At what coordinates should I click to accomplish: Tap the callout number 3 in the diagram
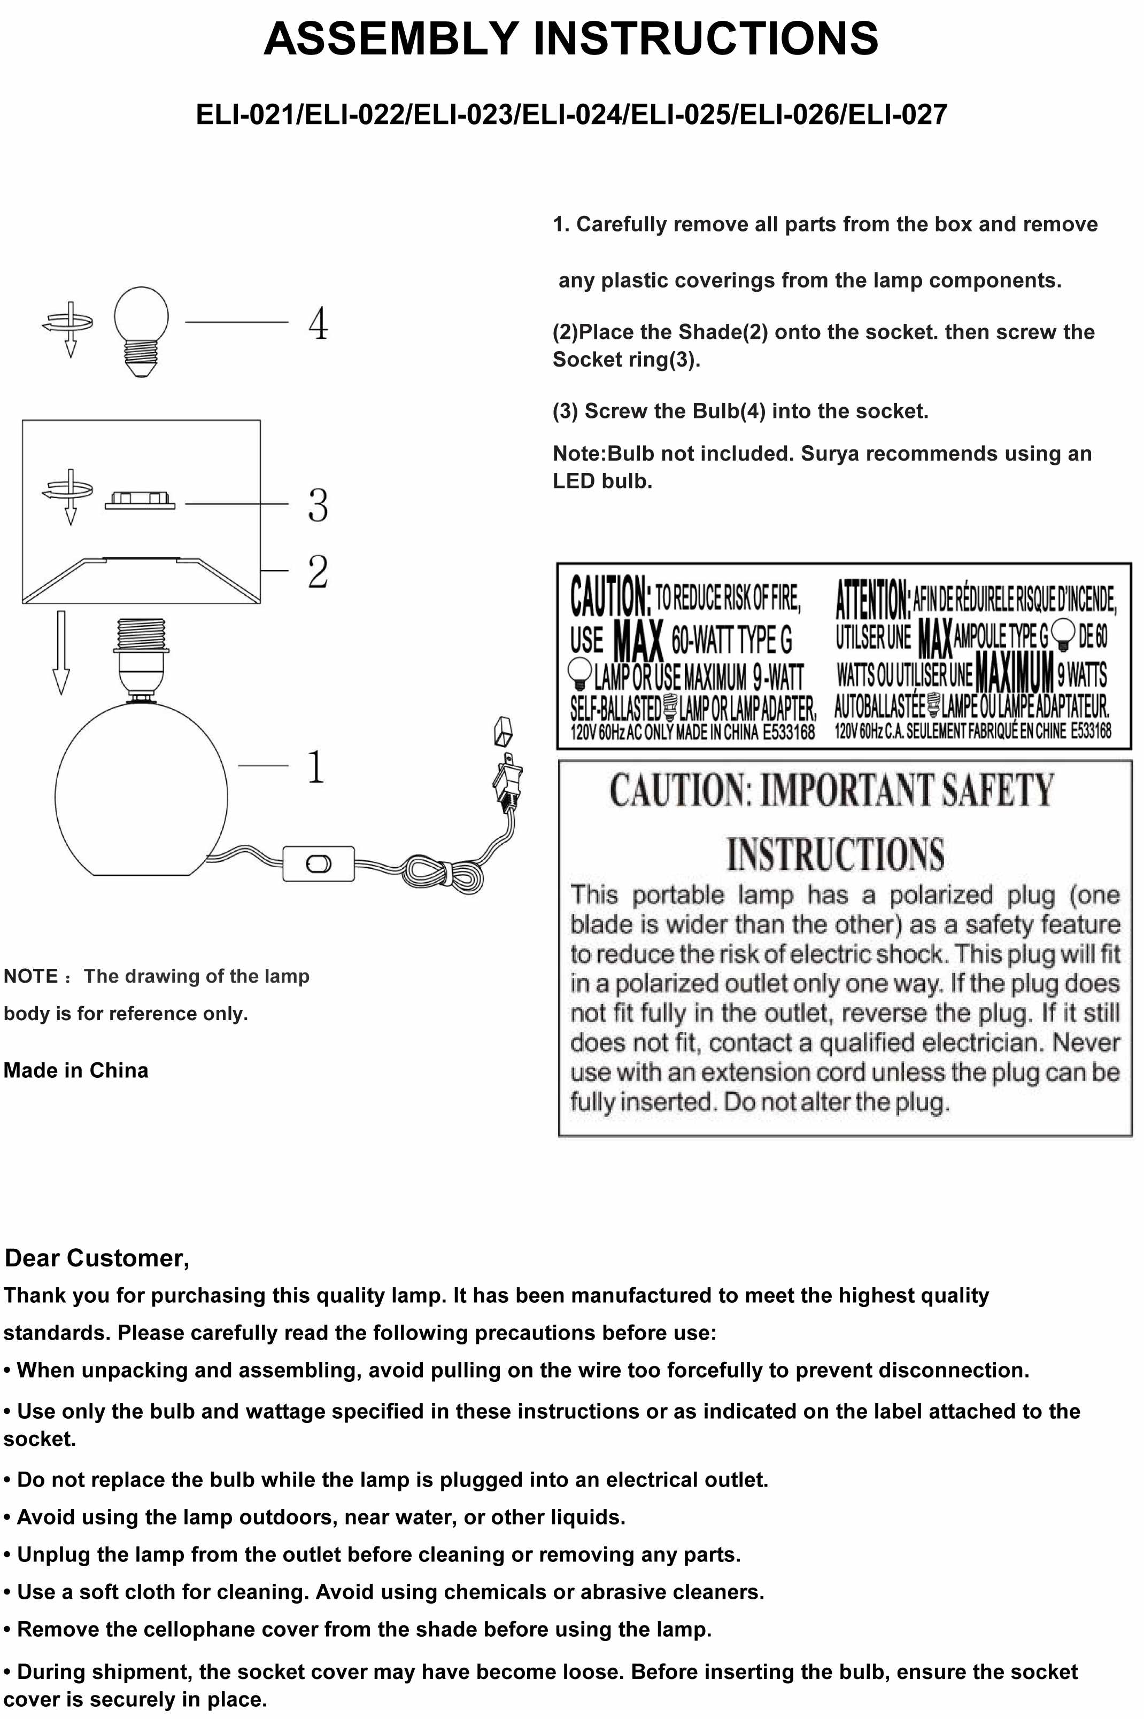point(318,504)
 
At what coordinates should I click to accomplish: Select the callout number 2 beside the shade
point(318,571)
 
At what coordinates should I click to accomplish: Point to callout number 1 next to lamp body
point(316,766)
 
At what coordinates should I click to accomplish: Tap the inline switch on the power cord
point(318,864)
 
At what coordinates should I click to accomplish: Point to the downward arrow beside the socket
point(61,652)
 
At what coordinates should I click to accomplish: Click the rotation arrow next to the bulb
point(68,326)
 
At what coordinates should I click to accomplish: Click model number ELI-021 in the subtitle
point(245,114)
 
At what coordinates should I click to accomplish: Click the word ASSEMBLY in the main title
point(390,38)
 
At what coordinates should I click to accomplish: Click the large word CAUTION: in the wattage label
point(609,596)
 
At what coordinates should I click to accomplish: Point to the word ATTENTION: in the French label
point(872,599)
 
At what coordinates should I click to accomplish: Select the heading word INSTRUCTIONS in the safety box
point(836,854)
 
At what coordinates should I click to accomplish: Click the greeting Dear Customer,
point(97,1257)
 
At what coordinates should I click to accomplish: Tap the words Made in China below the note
point(76,1070)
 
